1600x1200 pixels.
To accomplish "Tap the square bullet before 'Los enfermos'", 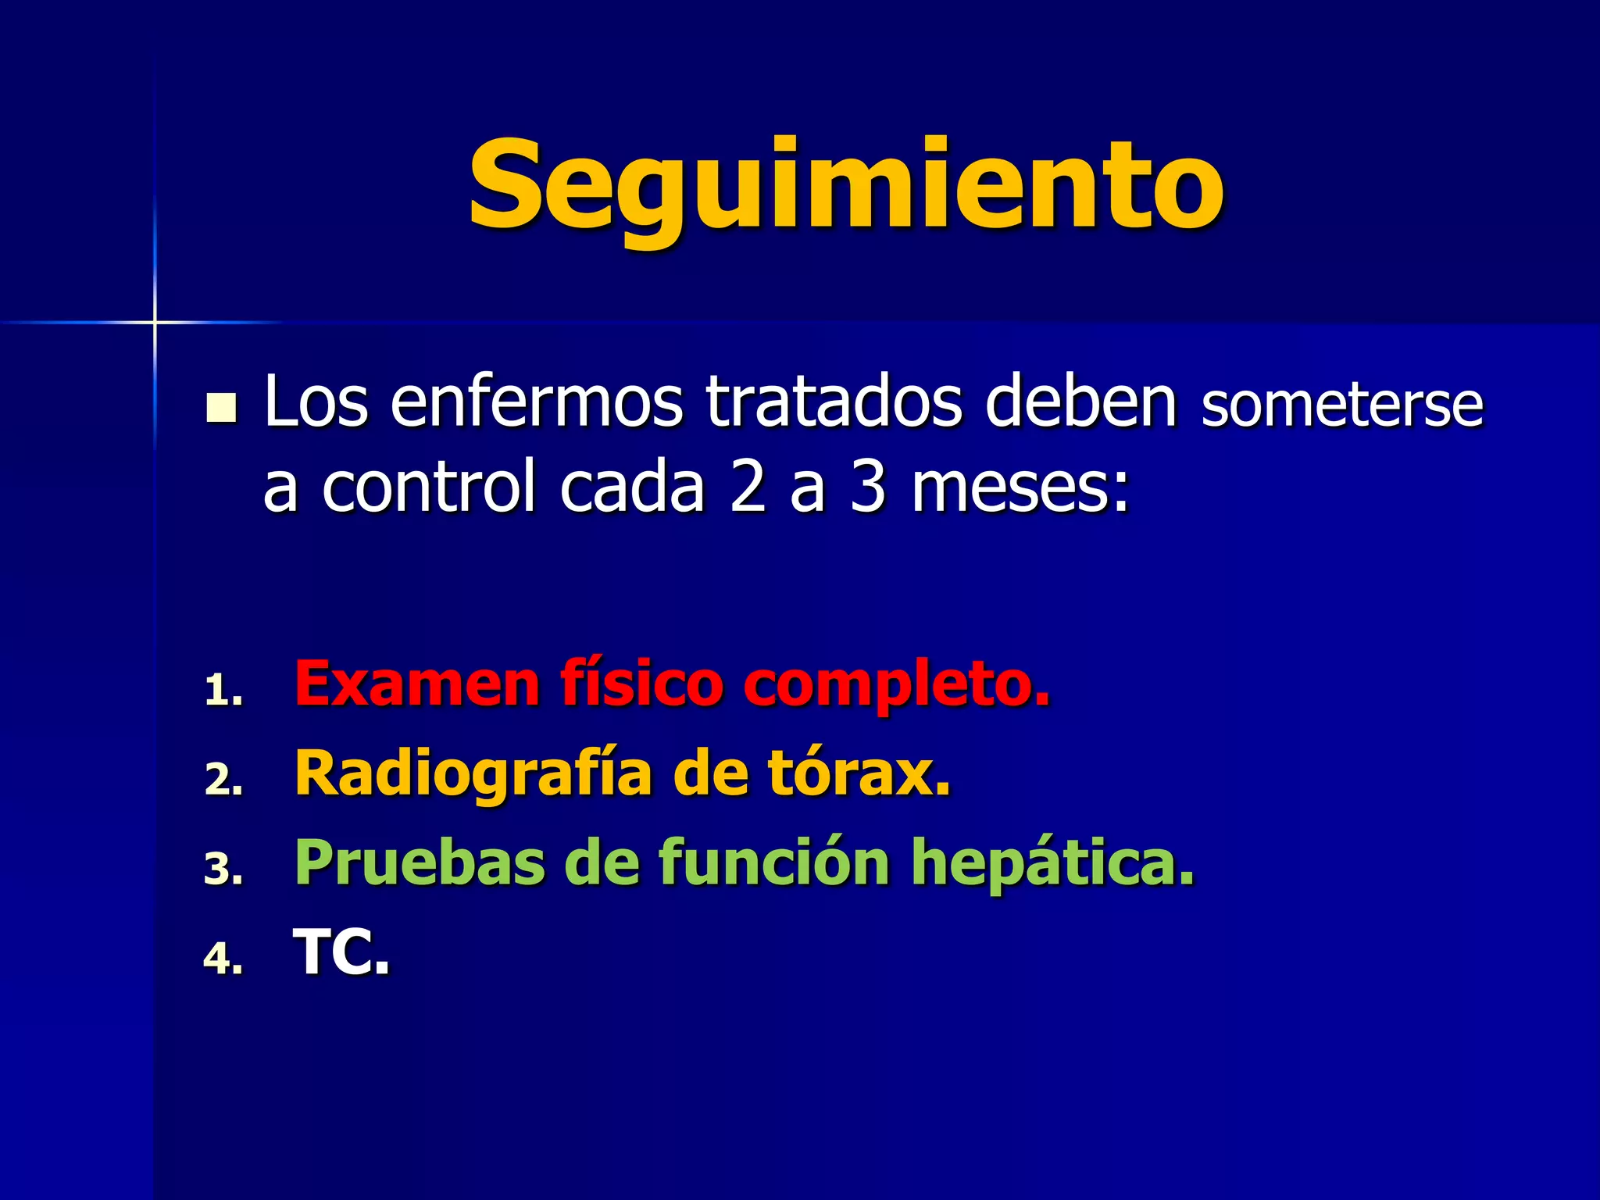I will click(221, 409).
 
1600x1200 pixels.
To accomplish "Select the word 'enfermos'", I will click(536, 402).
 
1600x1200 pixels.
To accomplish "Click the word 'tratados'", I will click(834, 402).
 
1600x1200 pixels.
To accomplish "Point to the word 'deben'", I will click(1080, 402).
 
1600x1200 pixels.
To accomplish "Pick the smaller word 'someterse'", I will click(1341, 405).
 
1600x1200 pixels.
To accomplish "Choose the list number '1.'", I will click(223, 691).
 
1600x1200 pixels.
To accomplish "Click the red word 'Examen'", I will click(416, 684).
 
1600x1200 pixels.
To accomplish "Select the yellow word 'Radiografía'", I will click(473, 774).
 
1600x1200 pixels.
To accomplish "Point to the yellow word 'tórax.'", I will click(859, 773).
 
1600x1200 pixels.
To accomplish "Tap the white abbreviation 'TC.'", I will click(341, 952).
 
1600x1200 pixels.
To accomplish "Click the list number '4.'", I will click(223, 959).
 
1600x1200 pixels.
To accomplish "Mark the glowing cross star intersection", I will click(155, 322).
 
